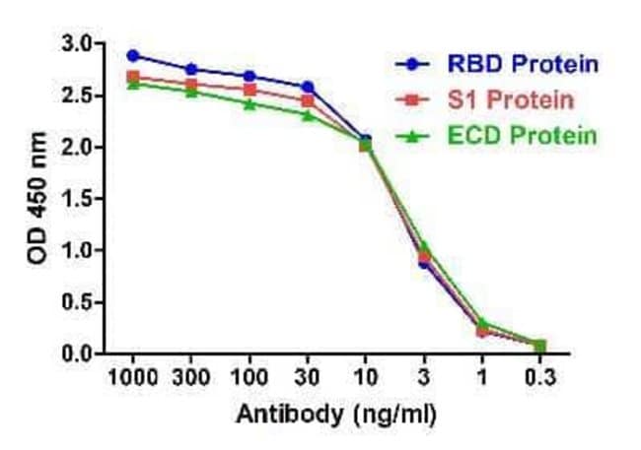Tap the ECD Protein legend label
tap(531, 135)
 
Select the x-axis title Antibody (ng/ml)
tap(334, 415)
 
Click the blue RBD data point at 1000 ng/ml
tap(133, 55)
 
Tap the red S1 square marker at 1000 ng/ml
tap(133, 76)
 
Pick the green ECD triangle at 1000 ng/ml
tap(133, 84)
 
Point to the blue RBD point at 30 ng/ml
tap(307, 87)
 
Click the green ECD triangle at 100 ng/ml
tap(249, 103)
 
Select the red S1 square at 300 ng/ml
tap(191, 83)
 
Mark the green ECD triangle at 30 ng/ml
tap(307, 114)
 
